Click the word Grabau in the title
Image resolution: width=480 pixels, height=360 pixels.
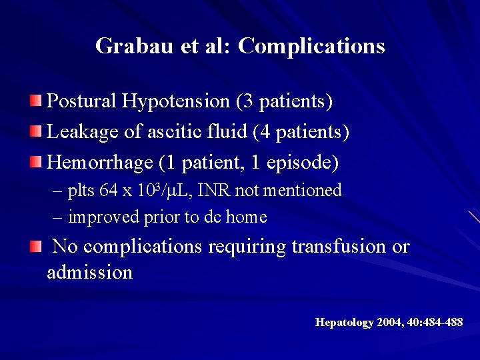[x=133, y=46]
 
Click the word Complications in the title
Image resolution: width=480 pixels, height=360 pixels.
[x=311, y=46]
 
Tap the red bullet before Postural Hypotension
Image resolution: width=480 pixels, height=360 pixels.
[x=35, y=101]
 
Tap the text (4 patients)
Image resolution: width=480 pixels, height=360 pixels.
[x=301, y=132]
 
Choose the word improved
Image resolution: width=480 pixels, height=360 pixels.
[x=100, y=217]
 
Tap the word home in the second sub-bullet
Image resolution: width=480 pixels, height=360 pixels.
[x=247, y=217]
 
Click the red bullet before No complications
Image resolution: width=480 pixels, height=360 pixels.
[x=35, y=247]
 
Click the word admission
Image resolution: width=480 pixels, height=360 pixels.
[x=90, y=273]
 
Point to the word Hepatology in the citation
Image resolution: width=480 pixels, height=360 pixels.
[x=344, y=323]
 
